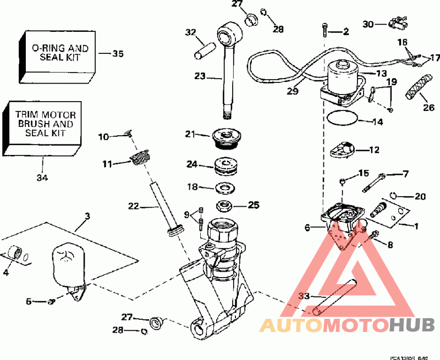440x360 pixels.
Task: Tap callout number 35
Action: (118, 54)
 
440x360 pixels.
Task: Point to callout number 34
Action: (43, 178)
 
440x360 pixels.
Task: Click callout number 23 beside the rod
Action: (199, 77)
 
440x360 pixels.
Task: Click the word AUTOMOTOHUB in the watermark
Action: (346, 325)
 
